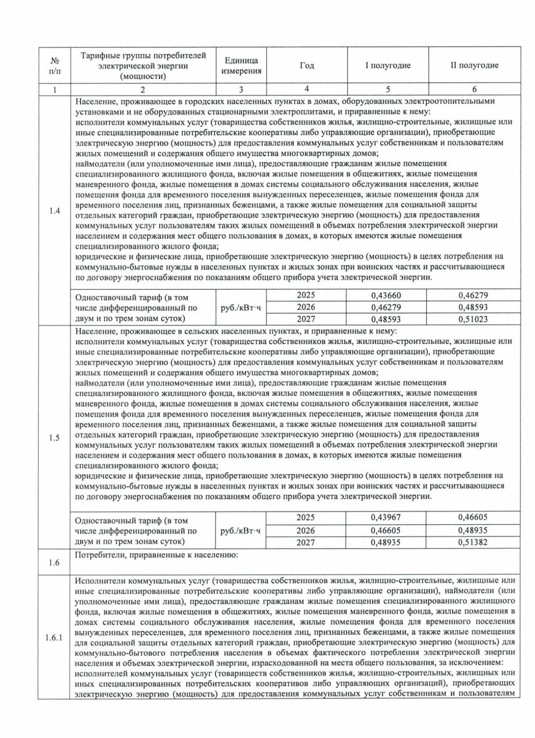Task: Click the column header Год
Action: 307,65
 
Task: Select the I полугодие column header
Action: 387,65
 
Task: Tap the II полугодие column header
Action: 474,65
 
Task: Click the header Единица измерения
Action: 241,65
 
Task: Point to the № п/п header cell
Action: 54,65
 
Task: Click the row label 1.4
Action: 54,211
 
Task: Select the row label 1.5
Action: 54,438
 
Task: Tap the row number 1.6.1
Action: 54,637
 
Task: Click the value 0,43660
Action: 386,295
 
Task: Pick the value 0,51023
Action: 473,319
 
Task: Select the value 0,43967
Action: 386,518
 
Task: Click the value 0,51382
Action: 473,542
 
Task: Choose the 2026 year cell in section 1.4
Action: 306,307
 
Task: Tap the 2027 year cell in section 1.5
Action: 306,542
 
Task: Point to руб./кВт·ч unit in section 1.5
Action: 241,530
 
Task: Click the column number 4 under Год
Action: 307,89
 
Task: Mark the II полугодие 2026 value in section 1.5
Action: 473,530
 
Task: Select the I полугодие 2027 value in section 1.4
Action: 386,319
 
